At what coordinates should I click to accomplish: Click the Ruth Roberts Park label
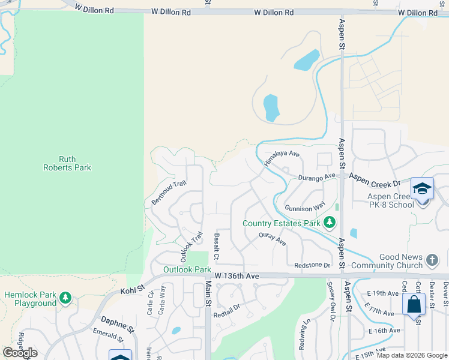pos(67,163)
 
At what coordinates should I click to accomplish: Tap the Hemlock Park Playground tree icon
pos(65,298)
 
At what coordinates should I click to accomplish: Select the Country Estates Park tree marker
pos(329,223)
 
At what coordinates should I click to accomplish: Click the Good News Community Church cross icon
pos(431,260)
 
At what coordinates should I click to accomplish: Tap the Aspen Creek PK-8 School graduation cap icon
pos(422,189)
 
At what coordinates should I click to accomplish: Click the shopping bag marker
pos(414,304)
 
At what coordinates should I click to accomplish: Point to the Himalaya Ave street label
pos(282,158)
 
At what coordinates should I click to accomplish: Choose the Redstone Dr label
pos(312,265)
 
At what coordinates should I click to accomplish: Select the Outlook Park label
pos(187,270)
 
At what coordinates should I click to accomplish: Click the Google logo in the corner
pos(20,353)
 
